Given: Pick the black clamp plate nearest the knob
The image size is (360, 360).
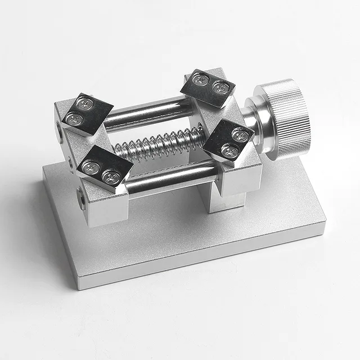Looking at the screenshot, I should click(228, 139).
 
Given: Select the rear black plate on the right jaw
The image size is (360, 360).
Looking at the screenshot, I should click(208, 87).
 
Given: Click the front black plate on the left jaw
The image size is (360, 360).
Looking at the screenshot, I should click(105, 166).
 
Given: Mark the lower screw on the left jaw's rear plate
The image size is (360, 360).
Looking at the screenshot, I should click(74, 119).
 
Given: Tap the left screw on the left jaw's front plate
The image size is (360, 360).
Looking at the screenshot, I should click(91, 167).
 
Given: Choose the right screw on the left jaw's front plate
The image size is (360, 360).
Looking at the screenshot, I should click(111, 178).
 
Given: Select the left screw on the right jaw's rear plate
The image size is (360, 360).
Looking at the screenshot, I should click(201, 79).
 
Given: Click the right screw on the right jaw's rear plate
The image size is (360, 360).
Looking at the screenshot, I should click(220, 88).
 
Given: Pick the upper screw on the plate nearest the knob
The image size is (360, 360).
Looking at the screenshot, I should click(241, 135).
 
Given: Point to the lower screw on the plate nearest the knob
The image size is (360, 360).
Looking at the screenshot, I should click(229, 150).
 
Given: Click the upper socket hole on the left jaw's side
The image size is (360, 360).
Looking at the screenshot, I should click(60, 132).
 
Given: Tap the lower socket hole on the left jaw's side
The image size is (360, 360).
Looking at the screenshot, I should click(82, 199).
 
